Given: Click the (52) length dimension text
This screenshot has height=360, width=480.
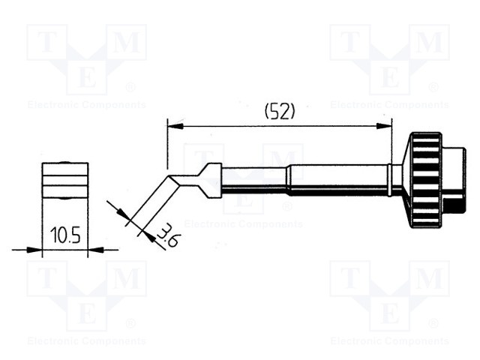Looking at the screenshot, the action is click(280, 112).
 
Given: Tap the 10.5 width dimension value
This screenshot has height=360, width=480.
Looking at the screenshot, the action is click(65, 235).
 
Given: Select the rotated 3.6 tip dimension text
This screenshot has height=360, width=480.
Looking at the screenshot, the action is click(168, 235).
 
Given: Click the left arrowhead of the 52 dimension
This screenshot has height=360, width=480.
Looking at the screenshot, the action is click(175, 127).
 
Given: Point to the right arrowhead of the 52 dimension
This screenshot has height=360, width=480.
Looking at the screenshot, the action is click(384, 126).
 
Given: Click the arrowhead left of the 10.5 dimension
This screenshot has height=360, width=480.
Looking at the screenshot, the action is click(34, 250).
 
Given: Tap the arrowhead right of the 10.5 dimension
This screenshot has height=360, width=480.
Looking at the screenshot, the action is click(95, 250).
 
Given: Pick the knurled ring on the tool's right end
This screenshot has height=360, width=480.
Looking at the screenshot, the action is click(426, 180).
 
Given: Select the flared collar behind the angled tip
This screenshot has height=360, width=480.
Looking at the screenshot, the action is click(209, 181).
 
